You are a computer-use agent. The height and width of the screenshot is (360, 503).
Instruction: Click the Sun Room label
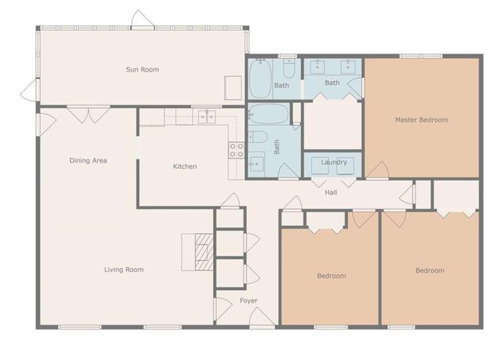[142, 70]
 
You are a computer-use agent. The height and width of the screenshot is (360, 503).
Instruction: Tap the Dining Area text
[88, 160]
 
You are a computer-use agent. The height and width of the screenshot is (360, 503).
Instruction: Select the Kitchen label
[185, 167]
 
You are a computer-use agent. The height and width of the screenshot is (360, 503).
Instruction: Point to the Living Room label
[124, 270]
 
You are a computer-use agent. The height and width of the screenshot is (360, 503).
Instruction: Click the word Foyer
[248, 301]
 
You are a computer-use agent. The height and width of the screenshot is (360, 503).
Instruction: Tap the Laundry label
[334, 162]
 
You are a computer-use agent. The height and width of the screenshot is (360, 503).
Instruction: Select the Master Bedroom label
[421, 120]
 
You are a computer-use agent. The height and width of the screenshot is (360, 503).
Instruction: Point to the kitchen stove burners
[235, 149]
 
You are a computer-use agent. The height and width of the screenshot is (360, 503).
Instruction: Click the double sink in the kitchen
[207, 117]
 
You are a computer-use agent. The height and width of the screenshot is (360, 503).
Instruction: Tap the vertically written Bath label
[277, 146]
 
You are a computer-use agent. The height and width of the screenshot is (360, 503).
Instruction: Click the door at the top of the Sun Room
[139, 20]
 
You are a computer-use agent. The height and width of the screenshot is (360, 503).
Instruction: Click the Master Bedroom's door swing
[378, 171]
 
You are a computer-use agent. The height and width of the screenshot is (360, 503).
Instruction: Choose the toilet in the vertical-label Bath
[259, 138]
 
